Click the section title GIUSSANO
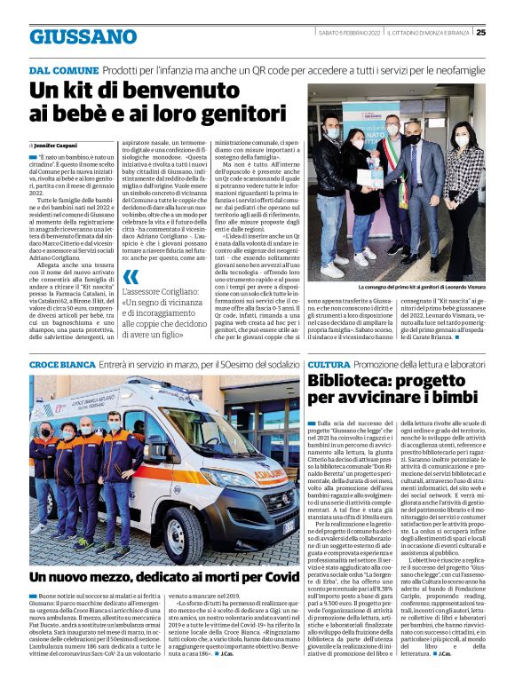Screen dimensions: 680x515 click(83, 36)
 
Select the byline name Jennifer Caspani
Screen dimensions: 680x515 click(57, 145)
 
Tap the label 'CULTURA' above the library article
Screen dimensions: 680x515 click(329, 365)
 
